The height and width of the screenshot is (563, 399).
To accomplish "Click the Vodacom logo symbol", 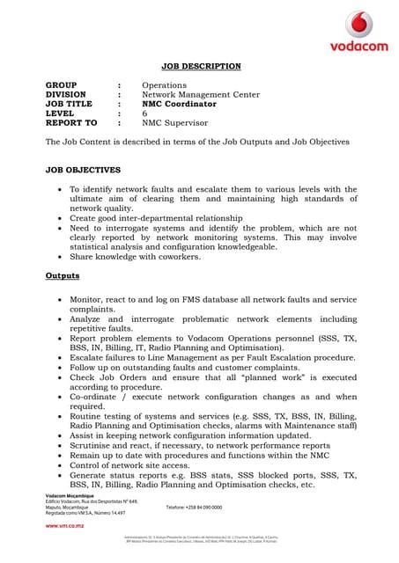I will [358, 24].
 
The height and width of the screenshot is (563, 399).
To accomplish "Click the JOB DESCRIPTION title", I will [199, 66].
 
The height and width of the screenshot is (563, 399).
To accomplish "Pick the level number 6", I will [145, 113].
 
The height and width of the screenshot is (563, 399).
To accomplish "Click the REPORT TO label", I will [71, 123].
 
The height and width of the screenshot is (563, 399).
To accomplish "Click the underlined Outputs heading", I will [62, 275].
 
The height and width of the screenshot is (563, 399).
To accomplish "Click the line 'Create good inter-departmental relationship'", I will [167, 217].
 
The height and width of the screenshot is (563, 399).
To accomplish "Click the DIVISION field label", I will [66, 94].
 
